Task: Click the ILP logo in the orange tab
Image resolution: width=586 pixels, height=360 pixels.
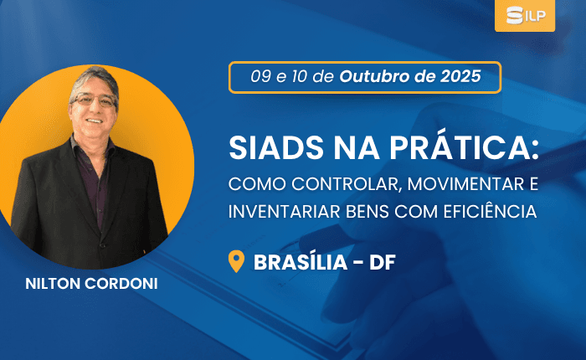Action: (526, 15)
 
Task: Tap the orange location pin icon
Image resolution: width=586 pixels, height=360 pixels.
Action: (236, 261)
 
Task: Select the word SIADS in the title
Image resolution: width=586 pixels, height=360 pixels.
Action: (276, 148)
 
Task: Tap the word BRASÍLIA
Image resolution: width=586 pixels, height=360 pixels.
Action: (301, 262)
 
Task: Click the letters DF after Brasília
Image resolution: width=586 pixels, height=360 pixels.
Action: (383, 263)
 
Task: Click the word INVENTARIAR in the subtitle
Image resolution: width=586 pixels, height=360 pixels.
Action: (285, 212)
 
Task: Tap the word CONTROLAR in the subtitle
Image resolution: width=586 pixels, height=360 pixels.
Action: (347, 185)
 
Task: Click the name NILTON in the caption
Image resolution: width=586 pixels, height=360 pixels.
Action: (52, 284)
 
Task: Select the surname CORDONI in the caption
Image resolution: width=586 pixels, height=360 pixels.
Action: (121, 284)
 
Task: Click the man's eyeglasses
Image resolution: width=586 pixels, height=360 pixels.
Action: (94, 100)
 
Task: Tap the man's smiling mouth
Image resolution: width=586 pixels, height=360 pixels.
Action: (94, 121)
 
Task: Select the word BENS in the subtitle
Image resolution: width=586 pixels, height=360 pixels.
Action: (368, 212)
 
